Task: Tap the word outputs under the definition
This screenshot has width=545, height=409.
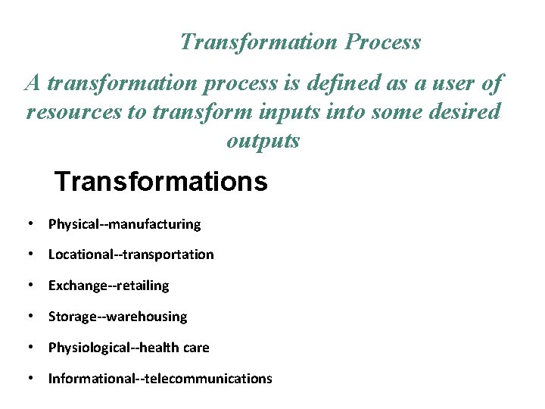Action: pos(263,140)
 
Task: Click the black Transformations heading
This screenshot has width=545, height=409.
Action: pos(160,182)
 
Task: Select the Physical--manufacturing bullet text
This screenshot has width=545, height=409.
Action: pos(124,224)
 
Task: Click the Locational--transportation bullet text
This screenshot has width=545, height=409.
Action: pos(131,254)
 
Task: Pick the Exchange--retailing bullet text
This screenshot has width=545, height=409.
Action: pos(108,286)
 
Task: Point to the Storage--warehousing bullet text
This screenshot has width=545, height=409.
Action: pos(117,317)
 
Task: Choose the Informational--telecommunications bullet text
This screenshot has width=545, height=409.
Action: pos(160,378)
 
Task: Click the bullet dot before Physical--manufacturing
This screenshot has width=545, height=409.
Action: pos(28,224)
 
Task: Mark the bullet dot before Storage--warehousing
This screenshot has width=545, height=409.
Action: pos(28,317)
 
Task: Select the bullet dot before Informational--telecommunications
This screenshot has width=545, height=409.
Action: pos(28,378)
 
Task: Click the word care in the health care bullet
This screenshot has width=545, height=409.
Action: pos(196,348)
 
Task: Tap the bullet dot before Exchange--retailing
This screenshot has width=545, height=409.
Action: pos(28,286)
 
